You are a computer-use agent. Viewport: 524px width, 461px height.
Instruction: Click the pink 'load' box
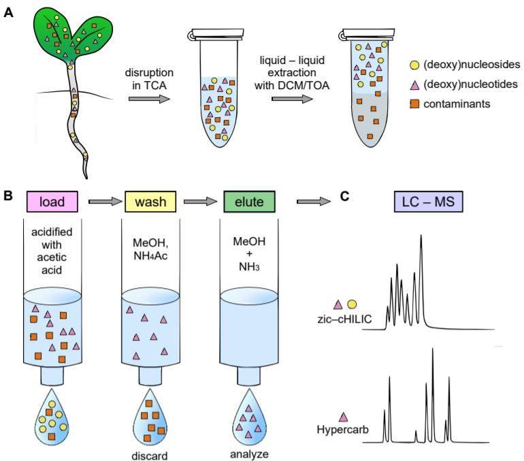[52, 202]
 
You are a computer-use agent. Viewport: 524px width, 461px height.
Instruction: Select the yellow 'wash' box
[150, 202]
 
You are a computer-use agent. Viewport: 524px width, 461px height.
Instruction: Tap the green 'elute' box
[249, 202]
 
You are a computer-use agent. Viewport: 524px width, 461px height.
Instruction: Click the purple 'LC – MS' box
[428, 202]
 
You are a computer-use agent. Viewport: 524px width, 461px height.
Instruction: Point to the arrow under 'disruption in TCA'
[150, 99]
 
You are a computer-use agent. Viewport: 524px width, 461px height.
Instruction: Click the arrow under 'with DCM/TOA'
[292, 99]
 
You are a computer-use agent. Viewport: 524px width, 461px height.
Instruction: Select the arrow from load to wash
[105, 202]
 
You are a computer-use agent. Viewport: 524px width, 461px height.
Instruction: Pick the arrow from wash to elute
[201, 202]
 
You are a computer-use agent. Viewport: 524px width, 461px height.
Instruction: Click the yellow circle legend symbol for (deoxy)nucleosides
[414, 65]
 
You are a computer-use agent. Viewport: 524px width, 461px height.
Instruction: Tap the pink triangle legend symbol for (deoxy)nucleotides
[414, 85]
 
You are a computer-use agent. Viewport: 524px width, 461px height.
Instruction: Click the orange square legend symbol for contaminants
[414, 104]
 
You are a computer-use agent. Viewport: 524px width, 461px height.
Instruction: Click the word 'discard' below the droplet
[150, 456]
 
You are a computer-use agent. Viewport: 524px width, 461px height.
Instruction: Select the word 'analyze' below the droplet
[249, 454]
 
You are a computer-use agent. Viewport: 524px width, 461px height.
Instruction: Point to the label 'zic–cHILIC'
[344, 319]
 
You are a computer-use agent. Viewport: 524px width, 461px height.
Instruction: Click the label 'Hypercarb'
[342, 429]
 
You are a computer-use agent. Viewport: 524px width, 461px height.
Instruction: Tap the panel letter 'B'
[8, 195]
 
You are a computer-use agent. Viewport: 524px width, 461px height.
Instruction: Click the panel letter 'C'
[345, 196]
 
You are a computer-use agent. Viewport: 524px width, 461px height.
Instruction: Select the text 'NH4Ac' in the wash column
[150, 256]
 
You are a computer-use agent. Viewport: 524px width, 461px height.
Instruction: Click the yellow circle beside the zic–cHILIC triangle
[352, 304]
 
